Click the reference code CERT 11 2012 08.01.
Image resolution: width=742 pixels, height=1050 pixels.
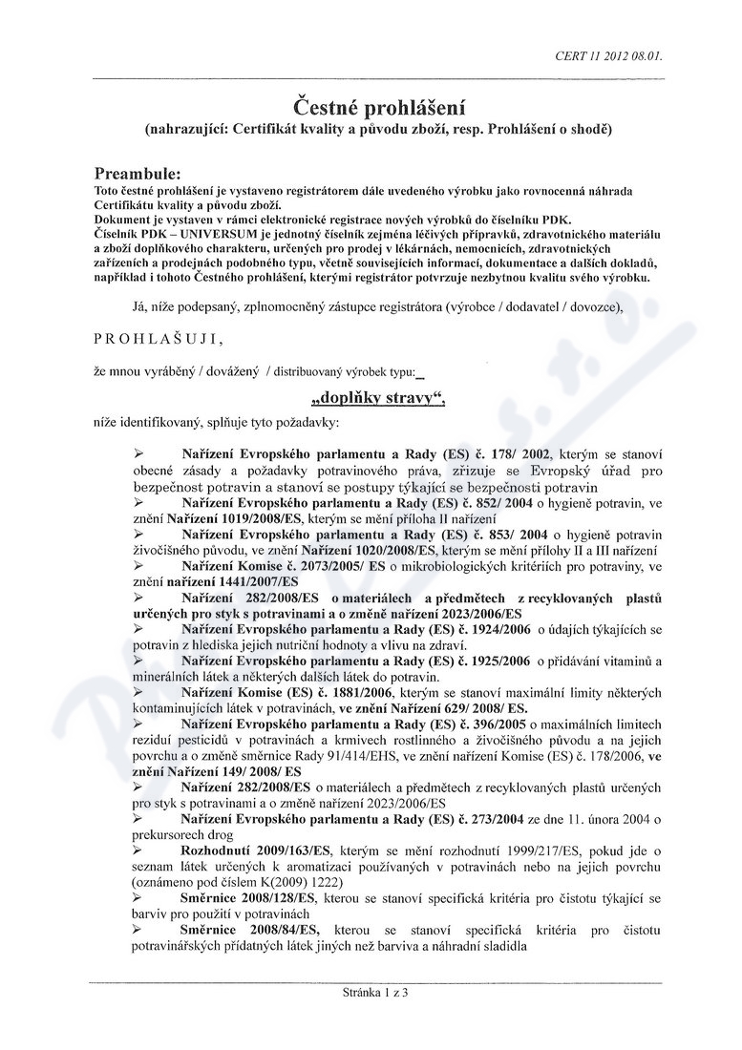[608, 56]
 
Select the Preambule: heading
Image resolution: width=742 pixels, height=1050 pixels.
[138, 174]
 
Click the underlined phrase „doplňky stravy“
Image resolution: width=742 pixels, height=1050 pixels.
[379, 397]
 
